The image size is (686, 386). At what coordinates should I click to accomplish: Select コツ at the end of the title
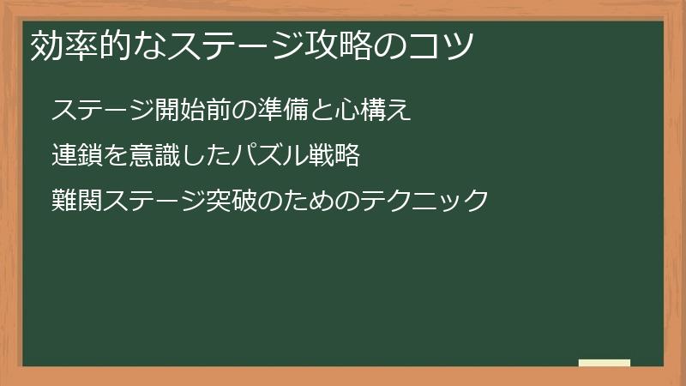point(443,45)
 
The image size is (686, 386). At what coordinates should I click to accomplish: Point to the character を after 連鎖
point(116,156)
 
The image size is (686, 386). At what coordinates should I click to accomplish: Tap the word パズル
point(269,156)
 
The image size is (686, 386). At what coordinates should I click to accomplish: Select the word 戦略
point(334,156)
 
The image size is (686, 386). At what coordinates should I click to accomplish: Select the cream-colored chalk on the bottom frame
point(605,364)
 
